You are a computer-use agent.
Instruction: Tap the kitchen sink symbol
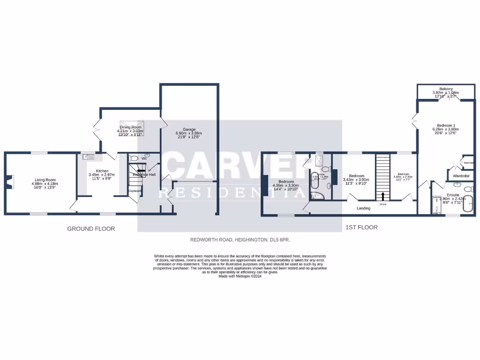[89, 158]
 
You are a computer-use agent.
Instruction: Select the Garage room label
[189, 129]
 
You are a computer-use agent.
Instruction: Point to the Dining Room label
[130, 127]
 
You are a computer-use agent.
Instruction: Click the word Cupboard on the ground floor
[135, 191]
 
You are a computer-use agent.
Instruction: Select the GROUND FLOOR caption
[91, 229]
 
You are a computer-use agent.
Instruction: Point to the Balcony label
[446, 89]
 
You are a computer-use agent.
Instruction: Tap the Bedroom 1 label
[446, 125]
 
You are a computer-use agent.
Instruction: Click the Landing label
[363, 208]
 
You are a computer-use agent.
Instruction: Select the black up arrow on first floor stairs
[383, 196]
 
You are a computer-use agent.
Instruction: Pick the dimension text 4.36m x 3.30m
[286, 186]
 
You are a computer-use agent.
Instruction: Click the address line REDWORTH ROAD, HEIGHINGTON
[240, 240]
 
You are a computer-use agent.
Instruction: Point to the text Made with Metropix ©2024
[240, 276]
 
